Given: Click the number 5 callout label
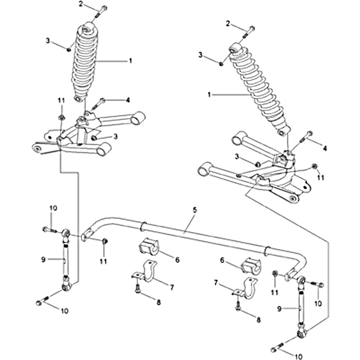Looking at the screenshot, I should [x=194, y=209].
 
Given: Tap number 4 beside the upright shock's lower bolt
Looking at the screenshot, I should [x=128, y=99].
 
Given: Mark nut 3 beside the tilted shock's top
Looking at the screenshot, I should [x=221, y=63].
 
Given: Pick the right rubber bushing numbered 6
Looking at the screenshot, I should [x=251, y=265].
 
